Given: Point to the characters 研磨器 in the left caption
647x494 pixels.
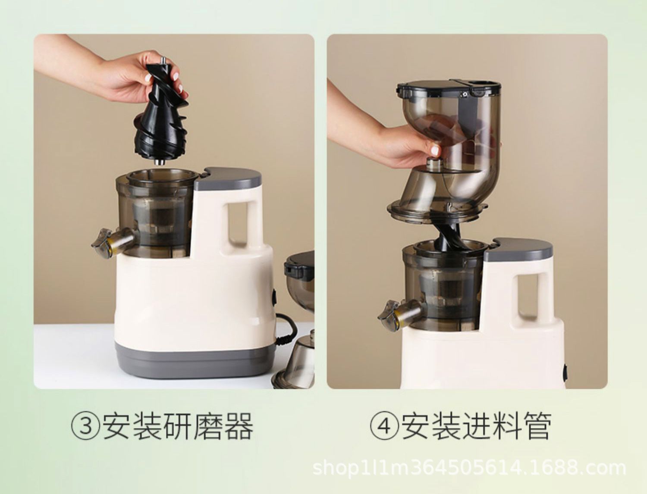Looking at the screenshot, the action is coord(208,427).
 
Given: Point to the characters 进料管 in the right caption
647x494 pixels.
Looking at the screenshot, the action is coord(506,427).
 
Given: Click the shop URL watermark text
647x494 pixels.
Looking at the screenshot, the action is coord(469,467).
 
